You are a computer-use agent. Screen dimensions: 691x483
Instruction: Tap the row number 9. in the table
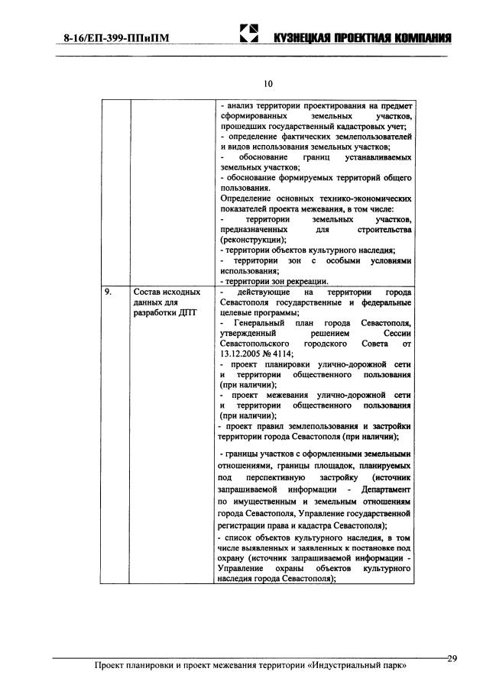pyautogui.click(x=109, y=292)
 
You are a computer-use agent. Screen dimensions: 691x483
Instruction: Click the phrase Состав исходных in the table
pyautogui.click(x=167, y=292)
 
